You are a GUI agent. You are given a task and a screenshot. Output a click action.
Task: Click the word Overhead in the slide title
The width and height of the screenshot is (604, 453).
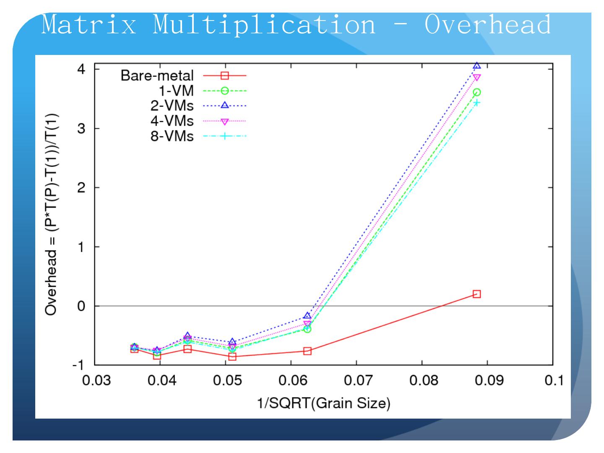pos(487,24)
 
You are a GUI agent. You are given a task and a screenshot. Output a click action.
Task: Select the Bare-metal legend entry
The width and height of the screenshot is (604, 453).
pos(157,75)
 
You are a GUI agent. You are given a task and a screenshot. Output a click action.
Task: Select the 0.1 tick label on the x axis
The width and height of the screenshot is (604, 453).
pos(553,381)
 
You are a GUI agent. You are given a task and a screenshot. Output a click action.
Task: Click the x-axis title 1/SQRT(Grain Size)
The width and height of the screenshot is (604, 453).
pos(323,404)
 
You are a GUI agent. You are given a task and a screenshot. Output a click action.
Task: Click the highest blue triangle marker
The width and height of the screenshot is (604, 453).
pos(476,66)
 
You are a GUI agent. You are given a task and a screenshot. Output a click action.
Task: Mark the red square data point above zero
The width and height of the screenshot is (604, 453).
pos(476,294)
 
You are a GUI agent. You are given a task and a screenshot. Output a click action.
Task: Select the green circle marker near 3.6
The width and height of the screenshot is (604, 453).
pos(476,92)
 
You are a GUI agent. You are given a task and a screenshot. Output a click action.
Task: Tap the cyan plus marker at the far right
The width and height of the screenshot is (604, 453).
pos(476,103)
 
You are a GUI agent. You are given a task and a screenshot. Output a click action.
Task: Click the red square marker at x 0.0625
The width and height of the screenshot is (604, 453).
pos(307,351)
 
